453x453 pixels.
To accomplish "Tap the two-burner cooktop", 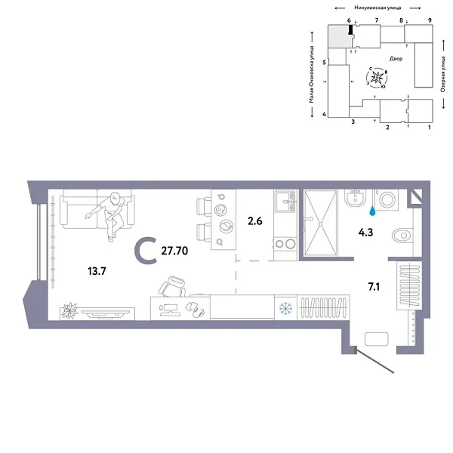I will tap(285, 243).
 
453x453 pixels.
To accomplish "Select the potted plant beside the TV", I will tap(72, 309).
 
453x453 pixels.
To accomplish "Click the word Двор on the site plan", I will tap(396, 58).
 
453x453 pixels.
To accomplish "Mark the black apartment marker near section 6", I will tap(350, 29).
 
